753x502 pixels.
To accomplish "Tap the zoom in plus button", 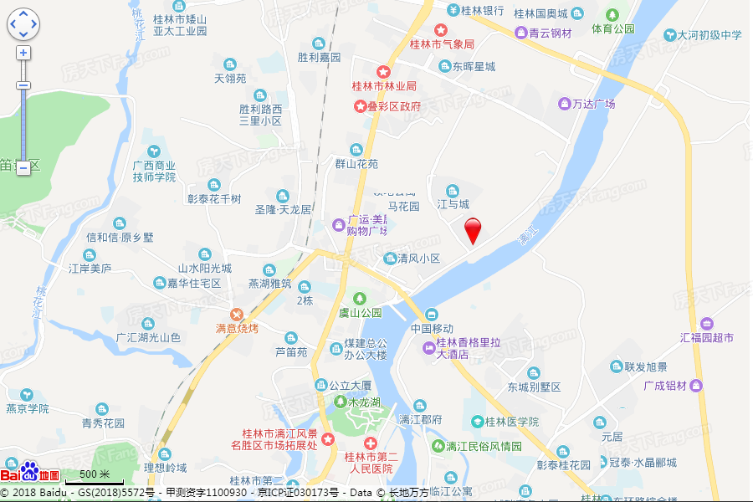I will click(23, 53).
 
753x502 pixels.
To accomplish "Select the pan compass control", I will click(23, 24).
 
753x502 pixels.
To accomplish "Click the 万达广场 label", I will click(593, 104).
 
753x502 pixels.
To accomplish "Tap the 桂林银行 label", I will click(481, 11).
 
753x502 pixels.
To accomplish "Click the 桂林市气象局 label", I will click(442, 44).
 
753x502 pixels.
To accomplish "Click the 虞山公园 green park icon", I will click(360, 298).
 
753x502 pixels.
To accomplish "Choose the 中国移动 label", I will click(432, 329).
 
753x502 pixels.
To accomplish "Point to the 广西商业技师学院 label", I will click(154, 171).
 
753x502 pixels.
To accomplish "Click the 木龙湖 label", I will click(363, 403).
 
